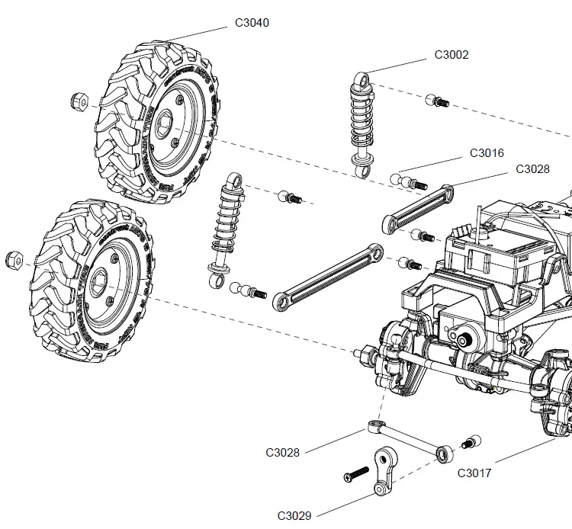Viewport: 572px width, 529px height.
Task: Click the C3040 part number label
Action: [251, 23]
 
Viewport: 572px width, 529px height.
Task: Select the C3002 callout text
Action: [451, 55]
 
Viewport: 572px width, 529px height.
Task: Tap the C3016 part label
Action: [487, 153]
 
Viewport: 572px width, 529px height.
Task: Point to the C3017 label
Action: [474, 473]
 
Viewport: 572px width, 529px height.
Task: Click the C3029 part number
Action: [294, 516]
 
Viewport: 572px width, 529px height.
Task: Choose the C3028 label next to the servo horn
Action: [283, 452]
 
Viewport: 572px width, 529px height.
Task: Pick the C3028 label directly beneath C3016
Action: [532, 169]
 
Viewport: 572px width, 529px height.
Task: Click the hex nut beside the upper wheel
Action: [79, 100]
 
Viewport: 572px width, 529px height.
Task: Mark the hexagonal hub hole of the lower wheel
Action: [99, 280]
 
